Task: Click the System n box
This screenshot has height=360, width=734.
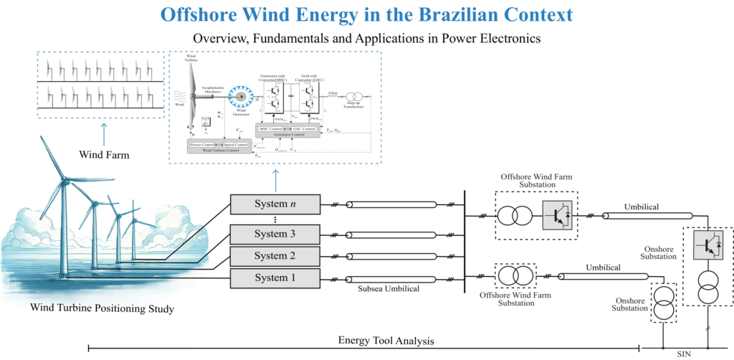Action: pos(274,204)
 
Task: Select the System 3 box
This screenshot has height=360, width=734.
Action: pos(274,235)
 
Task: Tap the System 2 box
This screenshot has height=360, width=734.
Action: pos(274,256)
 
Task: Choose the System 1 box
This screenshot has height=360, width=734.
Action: pos(274,278)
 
